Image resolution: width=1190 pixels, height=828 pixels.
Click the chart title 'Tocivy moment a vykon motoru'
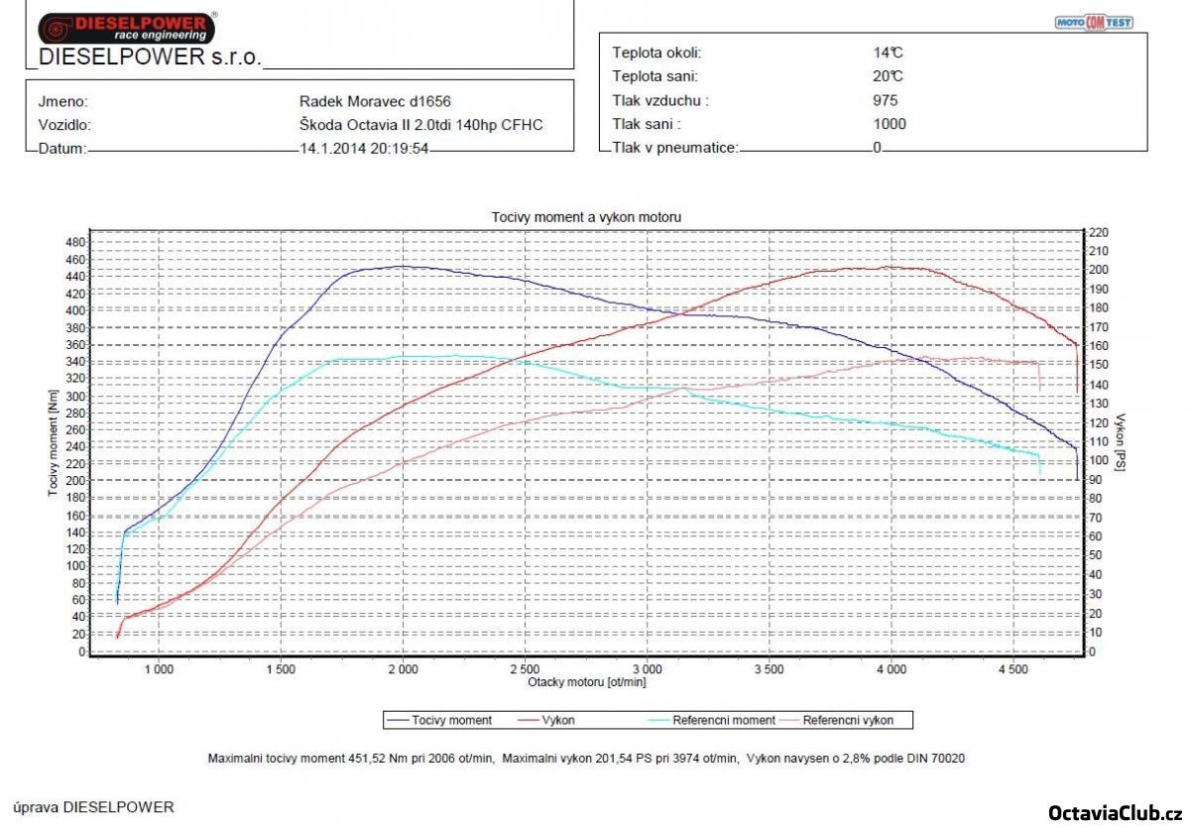pos(586,216)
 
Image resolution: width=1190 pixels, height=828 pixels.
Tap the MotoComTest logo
pos(1093,22)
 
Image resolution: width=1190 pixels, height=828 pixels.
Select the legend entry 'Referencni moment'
pos(709,720)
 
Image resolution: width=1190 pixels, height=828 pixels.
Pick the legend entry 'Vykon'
pos(558,720)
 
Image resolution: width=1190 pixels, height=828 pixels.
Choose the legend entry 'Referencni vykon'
pos(847,720)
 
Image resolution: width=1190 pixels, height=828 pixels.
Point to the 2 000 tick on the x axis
pos(403,668)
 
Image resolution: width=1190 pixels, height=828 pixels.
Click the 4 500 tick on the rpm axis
pos(1012,668)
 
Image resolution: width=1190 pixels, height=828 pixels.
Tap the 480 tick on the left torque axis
pos(74,242)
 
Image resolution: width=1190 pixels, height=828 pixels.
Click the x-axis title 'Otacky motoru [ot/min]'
pos(586,681)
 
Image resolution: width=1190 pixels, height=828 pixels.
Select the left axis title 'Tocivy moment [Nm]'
pos(54,442)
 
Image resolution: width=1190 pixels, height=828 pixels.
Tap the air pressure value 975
pos(886,100)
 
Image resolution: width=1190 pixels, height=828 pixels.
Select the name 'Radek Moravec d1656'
pos(375,101)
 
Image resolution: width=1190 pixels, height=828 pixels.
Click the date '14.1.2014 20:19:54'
pos(365,149)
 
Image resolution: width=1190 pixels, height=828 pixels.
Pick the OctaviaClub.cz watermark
pos(1115,812)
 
